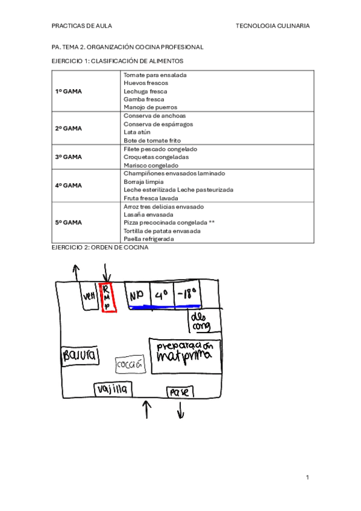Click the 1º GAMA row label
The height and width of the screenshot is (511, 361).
click(69, 91)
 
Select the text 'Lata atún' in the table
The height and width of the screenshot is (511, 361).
click(137, 132)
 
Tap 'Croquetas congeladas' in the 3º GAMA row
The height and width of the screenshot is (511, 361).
click(155, 157)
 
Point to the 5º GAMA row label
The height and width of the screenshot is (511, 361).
click(69, 222)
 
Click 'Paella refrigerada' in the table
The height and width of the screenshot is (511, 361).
click(148, 239)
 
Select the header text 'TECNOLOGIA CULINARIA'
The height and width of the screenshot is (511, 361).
click(273, 26)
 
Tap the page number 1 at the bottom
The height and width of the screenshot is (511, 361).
click(307, 477)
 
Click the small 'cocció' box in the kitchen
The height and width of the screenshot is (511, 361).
click(130, 365)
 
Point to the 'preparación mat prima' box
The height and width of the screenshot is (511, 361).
click(185, 356)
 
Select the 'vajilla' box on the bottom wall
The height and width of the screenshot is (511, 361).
click(113, 389)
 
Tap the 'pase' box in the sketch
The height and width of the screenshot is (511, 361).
click(180, 392)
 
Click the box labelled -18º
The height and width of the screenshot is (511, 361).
click(187, 295)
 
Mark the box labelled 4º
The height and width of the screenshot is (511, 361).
click(160, 295)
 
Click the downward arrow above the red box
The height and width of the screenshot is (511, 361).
click(106, 272)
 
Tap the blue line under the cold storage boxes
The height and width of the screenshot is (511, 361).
click(163, 307)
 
